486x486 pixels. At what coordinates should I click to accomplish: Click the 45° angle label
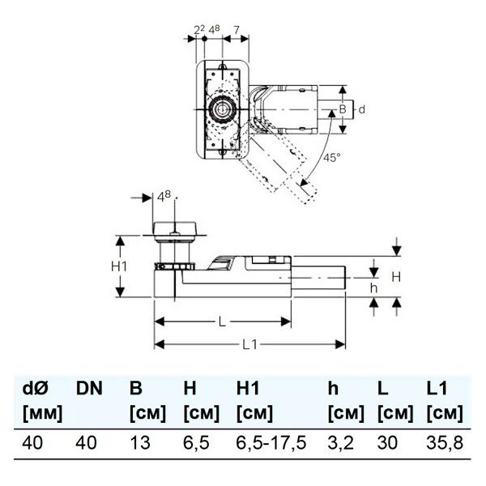pyautogui.click(x=332, y=157)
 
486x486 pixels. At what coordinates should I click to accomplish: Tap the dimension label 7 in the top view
pyautogui.click(x=237, y=30)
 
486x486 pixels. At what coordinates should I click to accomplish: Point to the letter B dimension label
pyautogui.click(x=342, y=109)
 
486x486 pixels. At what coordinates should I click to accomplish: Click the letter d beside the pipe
pyautogui.click(x=362, y=109)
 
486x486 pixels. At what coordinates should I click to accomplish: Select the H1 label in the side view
pyautogui.click(x=119, y=266)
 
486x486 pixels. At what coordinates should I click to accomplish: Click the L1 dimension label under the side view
pyautogui.click(x=249, y=344)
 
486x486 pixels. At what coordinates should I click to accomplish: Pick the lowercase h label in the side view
pyautogui.click(x=373, y=288)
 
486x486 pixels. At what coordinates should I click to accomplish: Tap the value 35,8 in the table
pyautogui.click(x=445, y=442)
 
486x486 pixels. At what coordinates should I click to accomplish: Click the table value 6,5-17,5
pyautogui.click(x=271, y=442)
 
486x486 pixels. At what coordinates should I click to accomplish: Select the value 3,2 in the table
pyautogui.click(x=341, y=442)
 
